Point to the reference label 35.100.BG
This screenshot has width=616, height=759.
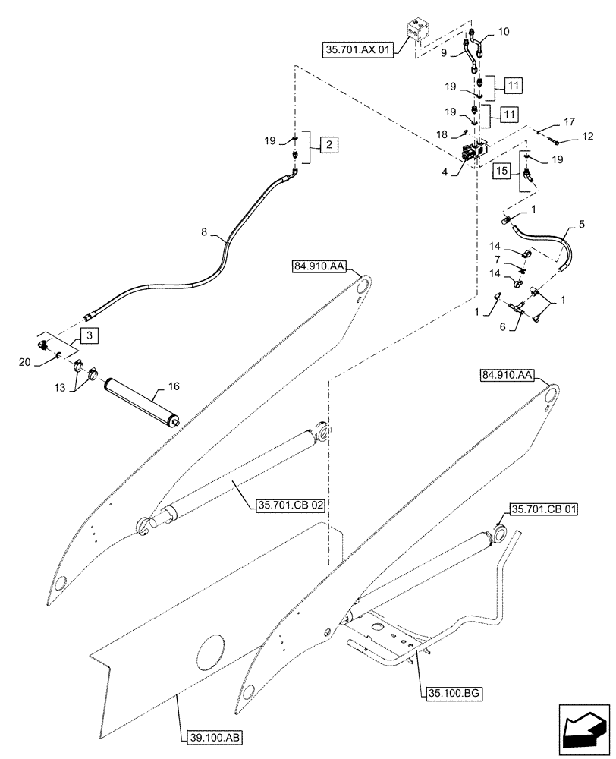click(453, 692)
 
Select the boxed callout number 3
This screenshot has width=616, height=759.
click(90, 334)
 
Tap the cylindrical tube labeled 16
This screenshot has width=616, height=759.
click(140, 401)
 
